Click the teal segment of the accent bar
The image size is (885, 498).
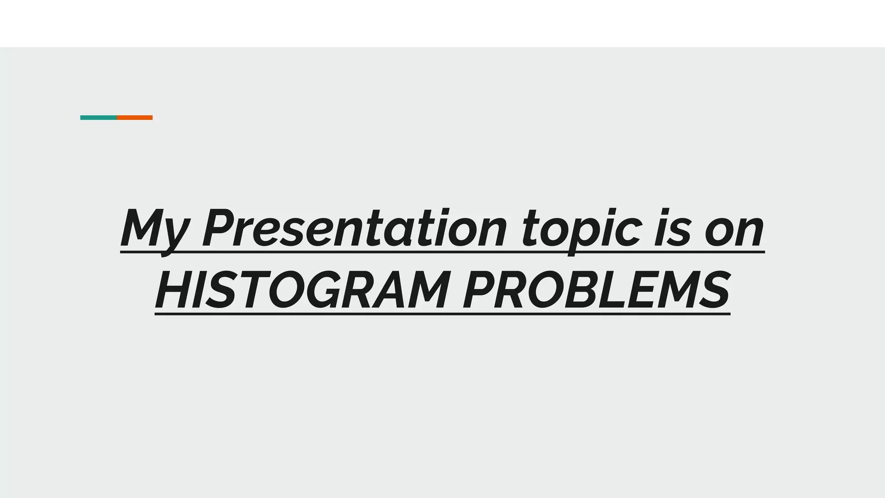point(99,118)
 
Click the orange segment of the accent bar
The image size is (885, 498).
point(134,118)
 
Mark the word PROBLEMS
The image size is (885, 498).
point(597,290)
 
